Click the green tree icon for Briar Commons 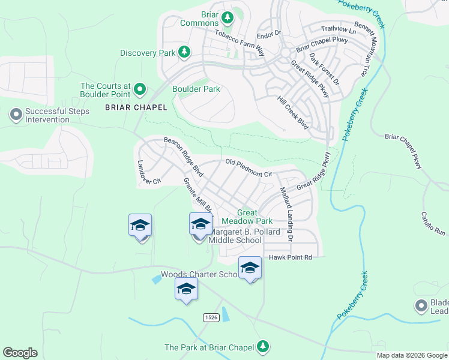228,18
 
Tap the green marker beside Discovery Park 185,53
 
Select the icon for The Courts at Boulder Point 140,90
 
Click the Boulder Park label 196,89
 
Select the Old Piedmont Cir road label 249,167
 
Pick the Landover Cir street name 149,172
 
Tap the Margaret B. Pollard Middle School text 235,236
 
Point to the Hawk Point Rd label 291,257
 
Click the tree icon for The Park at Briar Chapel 262,346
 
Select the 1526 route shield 210,317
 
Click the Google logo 20,353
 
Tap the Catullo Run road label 433,223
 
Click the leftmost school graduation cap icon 140,225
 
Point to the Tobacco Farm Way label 240,40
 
